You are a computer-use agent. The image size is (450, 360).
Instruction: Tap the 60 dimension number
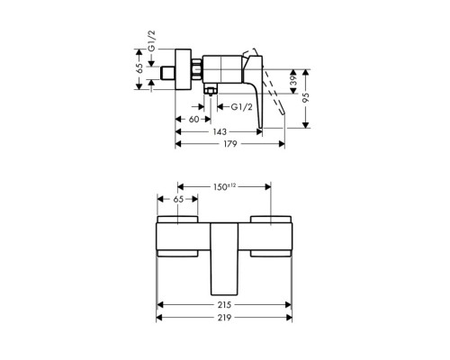point(193,118)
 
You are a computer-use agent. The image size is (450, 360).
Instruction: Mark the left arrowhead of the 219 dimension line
point(161,318)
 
